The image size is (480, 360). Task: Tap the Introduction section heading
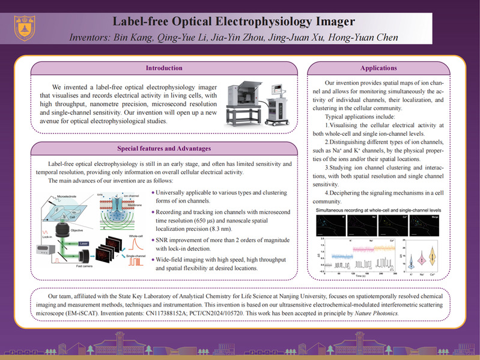coord(165,67)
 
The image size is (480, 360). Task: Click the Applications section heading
coord(378,67)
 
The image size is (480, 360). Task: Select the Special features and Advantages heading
coord(165,147)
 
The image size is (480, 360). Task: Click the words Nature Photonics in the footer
coord(380,314)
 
